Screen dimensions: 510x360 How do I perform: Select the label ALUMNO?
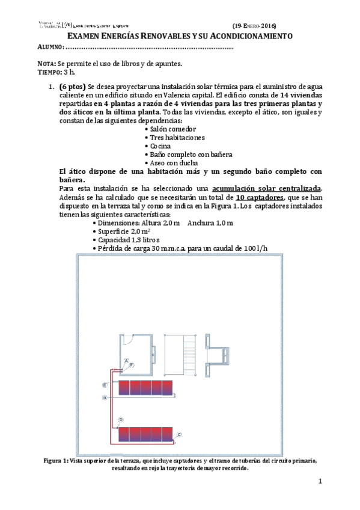(50, 48)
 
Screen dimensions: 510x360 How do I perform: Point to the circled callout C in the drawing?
(179, 434)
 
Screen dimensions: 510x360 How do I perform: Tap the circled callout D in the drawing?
(121, 419)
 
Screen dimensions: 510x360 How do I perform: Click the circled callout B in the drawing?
(105, 398)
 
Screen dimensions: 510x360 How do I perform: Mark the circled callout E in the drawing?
(105, 384)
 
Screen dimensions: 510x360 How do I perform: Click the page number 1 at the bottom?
(320, 481)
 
